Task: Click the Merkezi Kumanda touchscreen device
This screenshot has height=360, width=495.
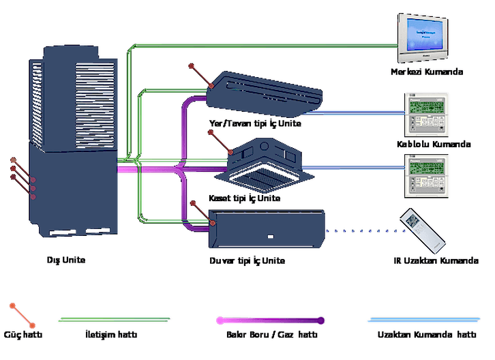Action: (x=423, y=38)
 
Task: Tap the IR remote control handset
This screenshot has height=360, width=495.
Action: (x=423, y=230)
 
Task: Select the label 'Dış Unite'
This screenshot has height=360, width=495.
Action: (x=66, y=260)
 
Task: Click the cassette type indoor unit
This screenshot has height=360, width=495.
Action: (x=265, y=165)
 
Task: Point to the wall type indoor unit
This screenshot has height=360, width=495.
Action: (x=267, y=228)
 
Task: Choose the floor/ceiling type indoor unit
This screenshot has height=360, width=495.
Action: (x=265, y=94)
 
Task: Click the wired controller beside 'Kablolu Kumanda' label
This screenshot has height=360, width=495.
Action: (x=426, y=115)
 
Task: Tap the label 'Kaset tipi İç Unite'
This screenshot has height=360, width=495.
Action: (x=244, y=198)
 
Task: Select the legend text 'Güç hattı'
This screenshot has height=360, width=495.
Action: (x=23, y=334)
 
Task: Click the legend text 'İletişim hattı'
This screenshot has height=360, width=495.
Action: (x=111, y=334)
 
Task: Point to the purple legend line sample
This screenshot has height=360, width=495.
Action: (x=270, y=320)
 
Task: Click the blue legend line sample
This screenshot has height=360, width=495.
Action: (x=423, y=320)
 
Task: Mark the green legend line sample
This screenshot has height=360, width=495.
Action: (x=115, y=320)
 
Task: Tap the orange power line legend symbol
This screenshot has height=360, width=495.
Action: (x=22, y=316)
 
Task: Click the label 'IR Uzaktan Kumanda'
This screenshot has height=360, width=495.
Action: (x=436, y=261)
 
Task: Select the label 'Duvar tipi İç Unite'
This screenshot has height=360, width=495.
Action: (x=247, y=261)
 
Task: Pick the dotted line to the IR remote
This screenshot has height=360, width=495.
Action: (x=365, y=231)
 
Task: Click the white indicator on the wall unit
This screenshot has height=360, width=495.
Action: (x=271, y=237)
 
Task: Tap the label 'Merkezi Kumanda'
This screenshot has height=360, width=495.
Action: (x=427, y=72)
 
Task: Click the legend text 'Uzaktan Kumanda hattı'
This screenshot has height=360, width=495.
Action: (x=427, y=334)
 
